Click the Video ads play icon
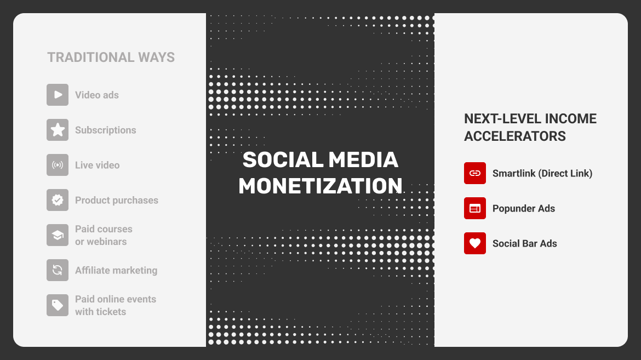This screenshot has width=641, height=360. point(58,95)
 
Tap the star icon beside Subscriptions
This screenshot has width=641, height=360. point(58,130)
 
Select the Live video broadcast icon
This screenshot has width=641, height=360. point(58,165)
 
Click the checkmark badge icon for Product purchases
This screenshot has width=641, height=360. point(58,200)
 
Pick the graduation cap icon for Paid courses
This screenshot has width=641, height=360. point(58,235)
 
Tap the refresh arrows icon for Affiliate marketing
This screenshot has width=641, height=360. point(58,270)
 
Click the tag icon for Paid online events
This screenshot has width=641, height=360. point(58,305)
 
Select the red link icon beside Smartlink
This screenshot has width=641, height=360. point(475,173)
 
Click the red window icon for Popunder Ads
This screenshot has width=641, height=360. point(475,208)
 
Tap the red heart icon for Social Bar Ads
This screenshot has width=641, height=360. point(475,243)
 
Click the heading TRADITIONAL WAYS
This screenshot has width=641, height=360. point(111,58)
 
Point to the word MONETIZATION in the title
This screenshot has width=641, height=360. point(321,186)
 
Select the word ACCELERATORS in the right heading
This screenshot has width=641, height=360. point(515,136)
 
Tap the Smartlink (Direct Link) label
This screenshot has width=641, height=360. point(542,173)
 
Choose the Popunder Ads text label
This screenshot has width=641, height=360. point(524,208)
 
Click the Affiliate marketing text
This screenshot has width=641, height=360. point(116,270)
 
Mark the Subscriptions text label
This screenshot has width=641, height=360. point(106,130)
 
